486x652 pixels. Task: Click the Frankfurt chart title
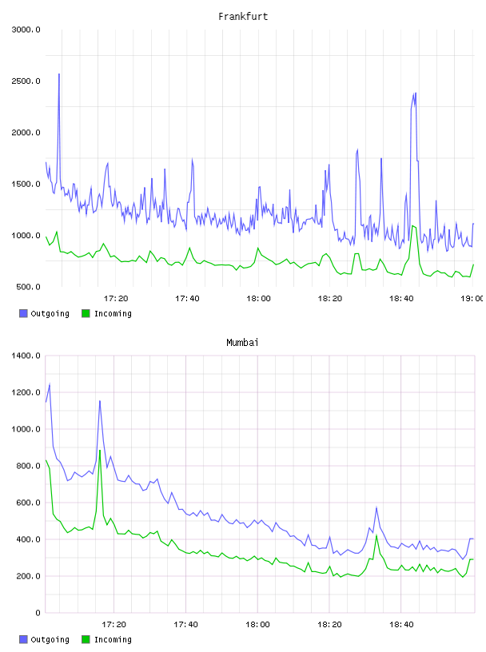243,16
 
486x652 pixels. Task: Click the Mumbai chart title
242,342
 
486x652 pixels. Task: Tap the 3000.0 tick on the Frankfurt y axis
26,30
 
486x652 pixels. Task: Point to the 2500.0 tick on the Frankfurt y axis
26,81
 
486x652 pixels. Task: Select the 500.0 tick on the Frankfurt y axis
28,287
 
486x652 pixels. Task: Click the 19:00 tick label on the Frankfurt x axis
472,299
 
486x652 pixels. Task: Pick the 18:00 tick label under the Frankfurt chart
258,299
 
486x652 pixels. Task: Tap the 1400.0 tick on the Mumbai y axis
26,356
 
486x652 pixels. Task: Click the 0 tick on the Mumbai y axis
38,613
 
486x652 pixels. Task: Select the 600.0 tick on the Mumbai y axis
28,503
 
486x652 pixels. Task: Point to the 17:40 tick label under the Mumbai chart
185,625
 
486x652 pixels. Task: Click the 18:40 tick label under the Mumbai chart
401,625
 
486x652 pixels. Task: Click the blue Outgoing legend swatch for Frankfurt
23,313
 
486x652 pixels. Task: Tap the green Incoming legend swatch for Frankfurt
86,313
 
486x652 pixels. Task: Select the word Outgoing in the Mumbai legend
50,639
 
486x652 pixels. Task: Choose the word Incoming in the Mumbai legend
113,639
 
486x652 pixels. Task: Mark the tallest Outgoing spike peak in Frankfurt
59,74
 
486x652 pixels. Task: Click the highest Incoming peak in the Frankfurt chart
412,226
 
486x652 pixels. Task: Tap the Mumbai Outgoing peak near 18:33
376,507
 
